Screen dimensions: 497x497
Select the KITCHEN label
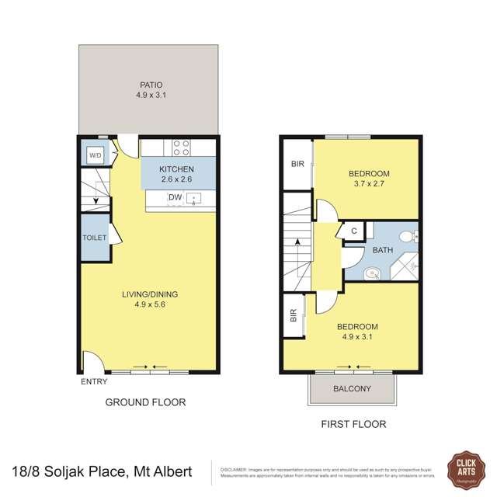click(x=177, y=170)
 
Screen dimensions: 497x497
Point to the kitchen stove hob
click(x=182, y=148)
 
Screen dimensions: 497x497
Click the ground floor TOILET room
click(x=94, y=239)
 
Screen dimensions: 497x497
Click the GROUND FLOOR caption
click(x=146, y=402)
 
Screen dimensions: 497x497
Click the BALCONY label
click(x=352, y=389)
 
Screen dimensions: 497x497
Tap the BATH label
click(x=382, y=250)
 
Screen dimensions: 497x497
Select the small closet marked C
click(x=353, y=231)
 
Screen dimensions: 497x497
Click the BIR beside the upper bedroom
click(x=297, y=164)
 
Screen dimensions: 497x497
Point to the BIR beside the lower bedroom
click(x=293, y=315)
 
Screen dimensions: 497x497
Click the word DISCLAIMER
click(x=235, y=469)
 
